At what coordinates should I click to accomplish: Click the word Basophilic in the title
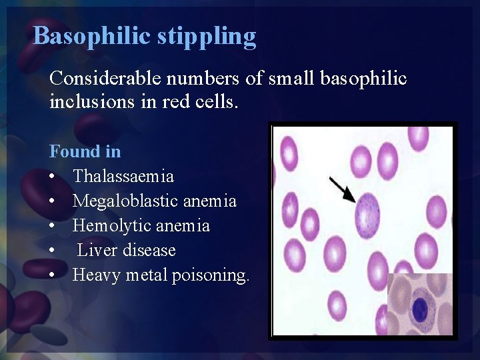pos(93,35)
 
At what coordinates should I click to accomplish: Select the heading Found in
pos(85,151)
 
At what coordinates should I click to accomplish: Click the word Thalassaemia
pos(123,176)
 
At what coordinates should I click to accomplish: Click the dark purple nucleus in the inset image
pos(420,309)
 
